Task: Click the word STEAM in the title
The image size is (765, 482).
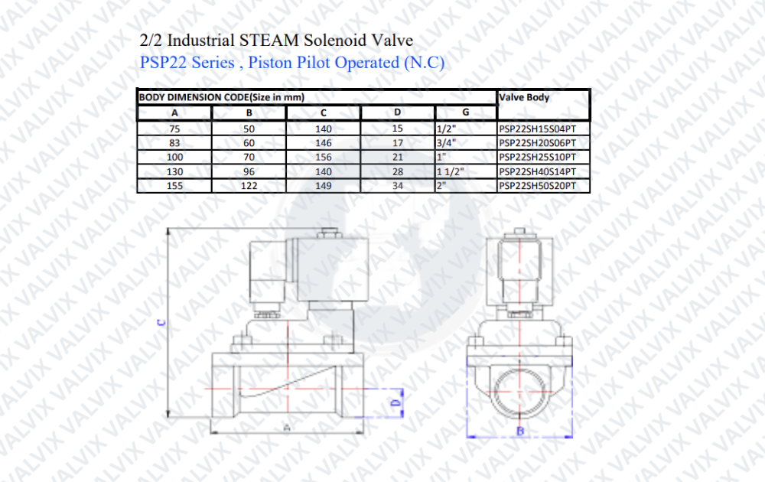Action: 269,40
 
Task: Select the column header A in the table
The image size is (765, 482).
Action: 174,112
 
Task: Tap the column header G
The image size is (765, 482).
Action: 465,112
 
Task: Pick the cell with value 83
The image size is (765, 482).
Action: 174,143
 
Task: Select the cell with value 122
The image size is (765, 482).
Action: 249,185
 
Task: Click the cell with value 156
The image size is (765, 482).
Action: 323,157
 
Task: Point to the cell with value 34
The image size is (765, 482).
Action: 398,185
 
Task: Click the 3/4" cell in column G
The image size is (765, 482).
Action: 447,143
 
